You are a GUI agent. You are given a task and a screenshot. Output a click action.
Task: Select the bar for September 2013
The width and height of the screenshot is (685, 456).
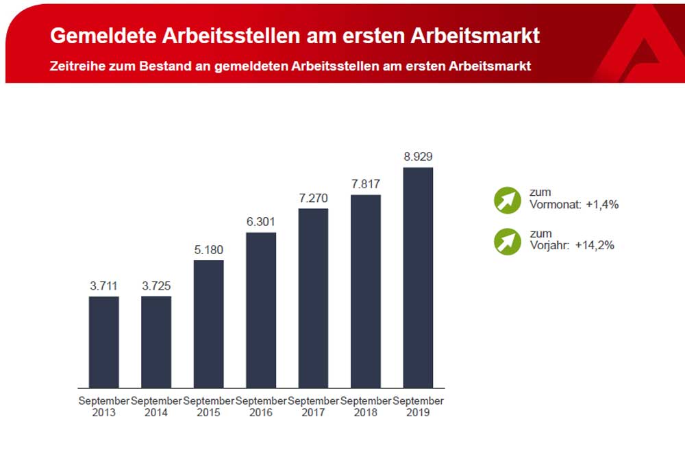click(x=104, y=342)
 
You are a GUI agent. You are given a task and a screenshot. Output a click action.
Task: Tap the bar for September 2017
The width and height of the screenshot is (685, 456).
click(x=313, y=298)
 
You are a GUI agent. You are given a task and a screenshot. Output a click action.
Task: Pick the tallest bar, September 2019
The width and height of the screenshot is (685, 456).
click(x=418, y=277)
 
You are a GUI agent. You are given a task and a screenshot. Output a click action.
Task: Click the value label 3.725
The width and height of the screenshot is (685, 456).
click(x=156, y=286)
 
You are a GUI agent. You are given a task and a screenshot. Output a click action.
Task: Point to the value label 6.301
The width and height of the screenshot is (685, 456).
click(x=261, y=221)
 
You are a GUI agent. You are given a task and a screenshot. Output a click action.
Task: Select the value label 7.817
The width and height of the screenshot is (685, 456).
click(x=366, y=183)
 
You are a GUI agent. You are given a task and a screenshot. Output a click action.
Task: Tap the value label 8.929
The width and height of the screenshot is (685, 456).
click(x=418, y=156)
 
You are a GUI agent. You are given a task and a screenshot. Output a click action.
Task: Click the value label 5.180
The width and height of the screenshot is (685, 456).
click(x=209, y=249)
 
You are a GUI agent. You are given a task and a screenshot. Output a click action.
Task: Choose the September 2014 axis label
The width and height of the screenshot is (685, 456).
click(x=156, y=407)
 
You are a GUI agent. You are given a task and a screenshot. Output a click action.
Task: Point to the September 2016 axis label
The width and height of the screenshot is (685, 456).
click(x=261, y=407)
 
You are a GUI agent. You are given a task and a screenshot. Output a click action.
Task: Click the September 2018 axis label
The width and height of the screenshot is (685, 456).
click(x=366, y=407)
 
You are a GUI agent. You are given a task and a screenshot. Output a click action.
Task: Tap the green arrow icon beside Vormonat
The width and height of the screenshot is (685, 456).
click(x=508, y=200)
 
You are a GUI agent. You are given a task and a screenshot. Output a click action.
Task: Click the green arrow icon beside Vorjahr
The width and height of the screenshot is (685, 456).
click(x=508, y=241)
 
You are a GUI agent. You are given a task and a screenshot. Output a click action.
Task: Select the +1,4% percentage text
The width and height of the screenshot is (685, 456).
click(x=602, y=204)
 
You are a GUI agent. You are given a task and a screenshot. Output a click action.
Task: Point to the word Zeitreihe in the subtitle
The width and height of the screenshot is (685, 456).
click(x=77, y=66)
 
